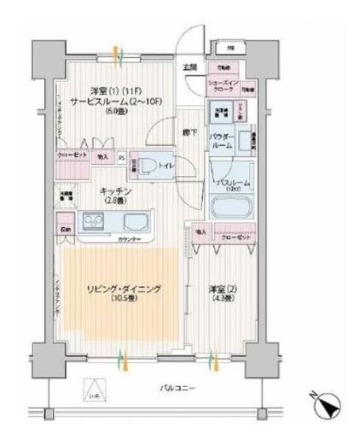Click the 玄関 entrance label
[x=189, y=67]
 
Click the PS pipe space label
[x=121, y=156]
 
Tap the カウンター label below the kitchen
[x=130, y=240]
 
